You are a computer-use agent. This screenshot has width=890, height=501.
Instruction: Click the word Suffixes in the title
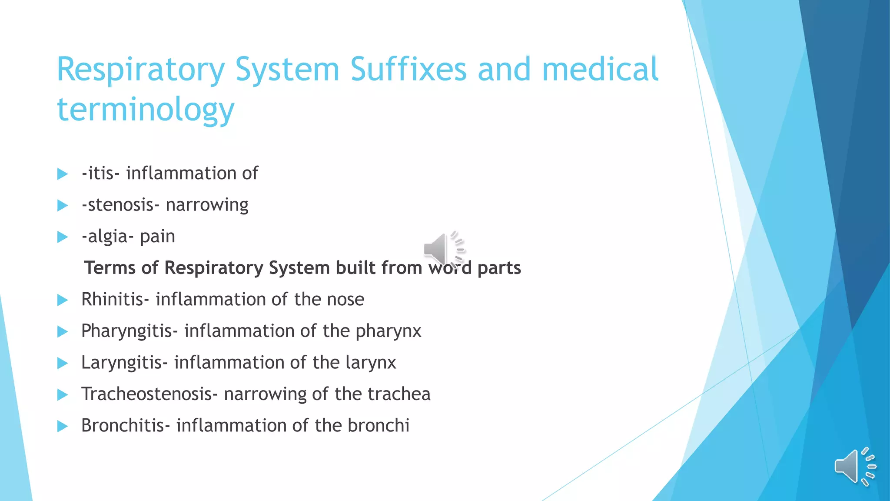(x=408, y=70)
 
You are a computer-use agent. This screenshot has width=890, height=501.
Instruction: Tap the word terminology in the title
(x=146, y=110)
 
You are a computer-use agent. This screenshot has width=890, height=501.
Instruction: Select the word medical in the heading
(x=600, y=70)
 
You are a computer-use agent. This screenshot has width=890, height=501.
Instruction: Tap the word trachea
(x=399, y=394)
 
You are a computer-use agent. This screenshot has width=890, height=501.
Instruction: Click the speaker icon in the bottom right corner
(x=854, y=466)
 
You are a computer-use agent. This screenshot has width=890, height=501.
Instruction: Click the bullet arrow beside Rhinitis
(x=63, y=300)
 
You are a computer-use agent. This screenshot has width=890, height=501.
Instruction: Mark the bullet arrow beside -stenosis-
(x=63, y=205)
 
